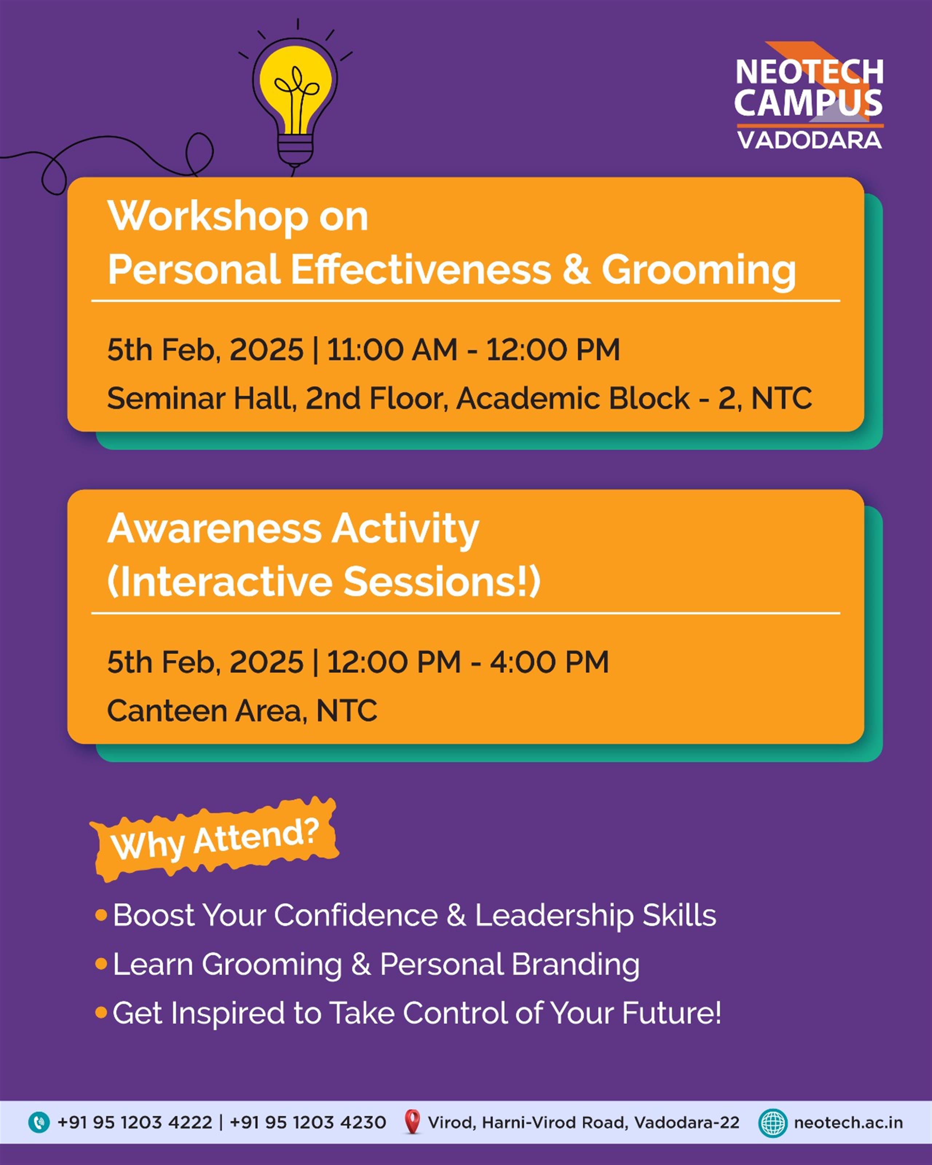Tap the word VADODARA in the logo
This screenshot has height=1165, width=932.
(809, 140)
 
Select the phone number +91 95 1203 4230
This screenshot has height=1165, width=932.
(308, 1122)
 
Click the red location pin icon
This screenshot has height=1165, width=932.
(412, 1122)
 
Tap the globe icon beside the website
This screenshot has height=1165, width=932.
(773, 1122)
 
